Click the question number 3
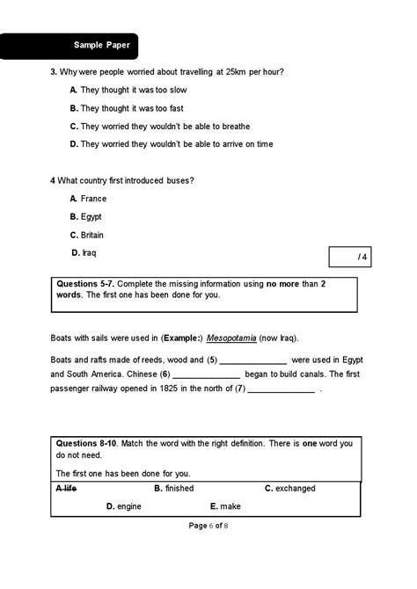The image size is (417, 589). click(53, 71)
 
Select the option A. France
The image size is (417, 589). click(88, 199)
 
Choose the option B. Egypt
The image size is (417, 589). click(86, 216)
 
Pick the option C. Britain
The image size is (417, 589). click(87, 235)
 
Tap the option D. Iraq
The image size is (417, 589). click(84, 253)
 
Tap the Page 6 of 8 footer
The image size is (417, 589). click(208, 526)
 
